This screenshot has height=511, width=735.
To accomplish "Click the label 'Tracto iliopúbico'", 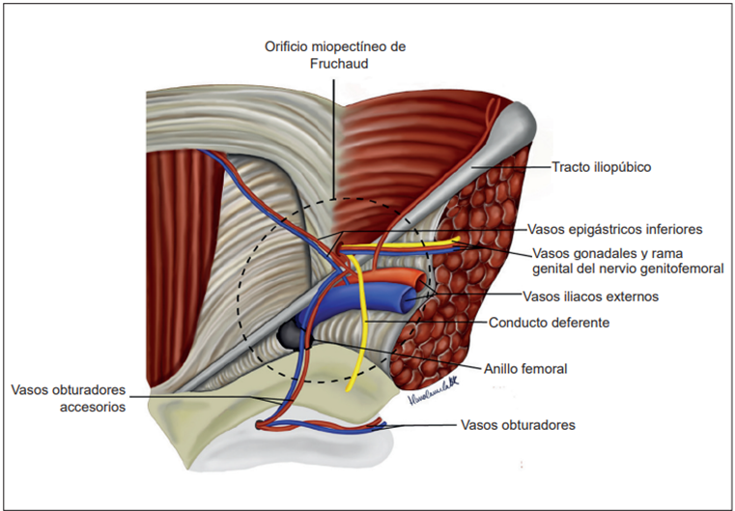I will point(602,167).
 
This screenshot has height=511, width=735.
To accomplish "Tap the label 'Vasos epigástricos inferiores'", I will point(614,230).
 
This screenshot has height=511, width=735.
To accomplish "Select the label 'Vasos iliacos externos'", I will point(590,297).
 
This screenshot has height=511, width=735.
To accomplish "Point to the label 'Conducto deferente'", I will point(549,323).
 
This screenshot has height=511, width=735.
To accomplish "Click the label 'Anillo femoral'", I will point(525,368).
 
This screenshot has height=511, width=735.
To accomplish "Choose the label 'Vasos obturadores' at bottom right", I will point(518,424).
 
